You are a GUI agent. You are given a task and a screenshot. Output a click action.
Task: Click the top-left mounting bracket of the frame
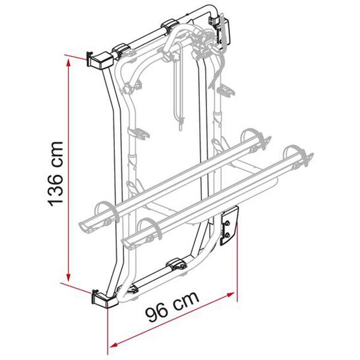pos(98,59)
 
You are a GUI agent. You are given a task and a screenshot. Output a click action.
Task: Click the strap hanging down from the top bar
pos(178,96)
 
